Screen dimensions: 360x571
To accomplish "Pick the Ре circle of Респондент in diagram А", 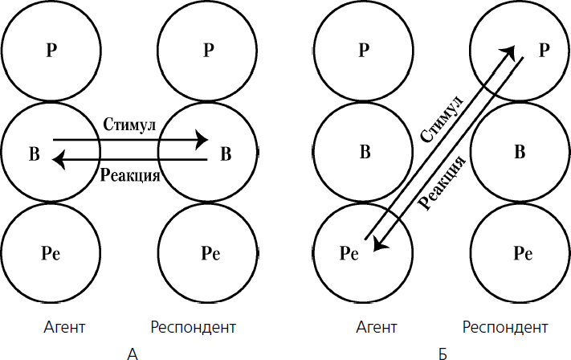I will tap(208, 252).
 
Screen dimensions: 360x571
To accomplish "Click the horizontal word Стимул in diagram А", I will tap(129, 126).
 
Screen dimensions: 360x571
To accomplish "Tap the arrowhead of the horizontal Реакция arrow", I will tap(59, 160).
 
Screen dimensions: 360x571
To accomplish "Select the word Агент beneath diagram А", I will tap(65, 328).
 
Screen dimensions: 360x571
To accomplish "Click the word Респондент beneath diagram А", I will tap(193, 328).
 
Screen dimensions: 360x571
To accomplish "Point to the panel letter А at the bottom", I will tap(133, 351).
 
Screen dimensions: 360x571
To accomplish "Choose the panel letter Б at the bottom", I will tap(443, 351).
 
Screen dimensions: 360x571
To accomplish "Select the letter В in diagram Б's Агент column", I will tap(365, 152).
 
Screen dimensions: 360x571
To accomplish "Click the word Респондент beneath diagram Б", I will tap(506, 328).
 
